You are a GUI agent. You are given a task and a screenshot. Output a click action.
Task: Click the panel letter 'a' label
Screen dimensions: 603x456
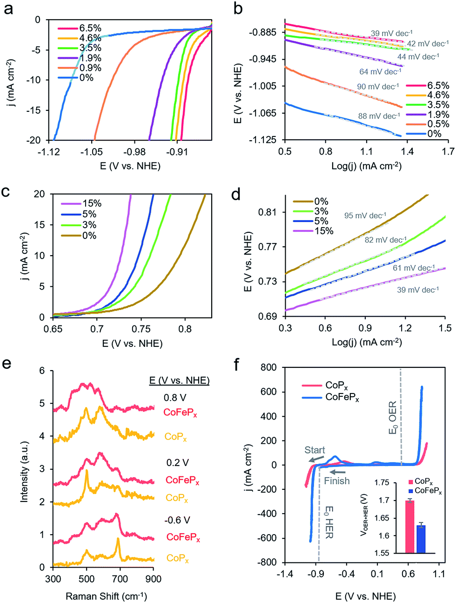pos(9,9)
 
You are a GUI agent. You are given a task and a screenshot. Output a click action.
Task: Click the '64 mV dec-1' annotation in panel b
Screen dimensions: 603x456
pos(380,72)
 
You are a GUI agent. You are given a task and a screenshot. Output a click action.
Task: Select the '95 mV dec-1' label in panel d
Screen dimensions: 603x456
pos(365,216)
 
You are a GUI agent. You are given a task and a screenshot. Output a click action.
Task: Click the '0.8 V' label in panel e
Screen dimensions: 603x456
pos(174,398)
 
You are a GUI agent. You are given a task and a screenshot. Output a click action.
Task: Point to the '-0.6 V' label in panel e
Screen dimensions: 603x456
pos(177,520)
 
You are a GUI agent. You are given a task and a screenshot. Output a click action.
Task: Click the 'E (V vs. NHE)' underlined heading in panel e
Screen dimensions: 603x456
pos(179,381)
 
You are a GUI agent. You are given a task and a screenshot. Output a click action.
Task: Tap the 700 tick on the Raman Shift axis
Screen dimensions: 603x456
pos(120,579)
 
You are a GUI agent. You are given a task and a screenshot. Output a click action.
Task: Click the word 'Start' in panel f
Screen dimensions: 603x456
pos(315,450)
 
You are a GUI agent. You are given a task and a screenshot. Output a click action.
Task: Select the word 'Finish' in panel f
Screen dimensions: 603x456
pos(336,481)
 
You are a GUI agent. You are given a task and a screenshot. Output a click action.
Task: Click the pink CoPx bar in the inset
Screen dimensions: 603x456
pos(410,527)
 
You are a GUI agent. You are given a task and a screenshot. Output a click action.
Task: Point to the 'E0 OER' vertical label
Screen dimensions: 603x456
pos(393,418)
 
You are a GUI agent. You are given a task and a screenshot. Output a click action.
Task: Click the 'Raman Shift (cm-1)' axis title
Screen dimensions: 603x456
pos(107,596)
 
